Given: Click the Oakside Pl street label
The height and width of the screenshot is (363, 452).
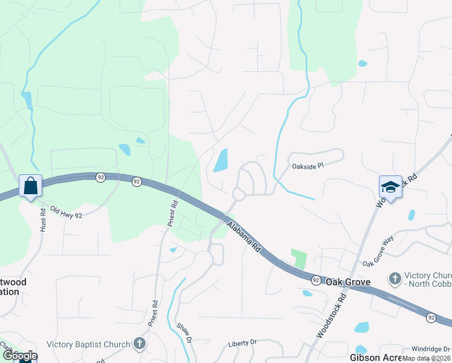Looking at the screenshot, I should tap(308, 165).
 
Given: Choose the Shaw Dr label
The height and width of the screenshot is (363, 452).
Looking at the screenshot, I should tap(184, 332).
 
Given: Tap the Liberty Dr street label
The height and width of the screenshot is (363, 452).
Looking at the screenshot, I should tap(242, 343).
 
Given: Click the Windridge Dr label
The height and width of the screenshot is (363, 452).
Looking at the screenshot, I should tap(431, 349).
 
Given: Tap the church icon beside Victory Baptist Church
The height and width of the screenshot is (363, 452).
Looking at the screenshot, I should tap(140, 344).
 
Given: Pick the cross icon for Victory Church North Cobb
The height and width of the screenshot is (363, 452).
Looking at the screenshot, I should tap(395, 279).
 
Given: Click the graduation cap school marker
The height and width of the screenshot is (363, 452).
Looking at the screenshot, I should tap(390, 188).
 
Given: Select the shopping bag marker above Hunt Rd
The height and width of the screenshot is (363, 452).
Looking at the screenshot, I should tap(30, 186).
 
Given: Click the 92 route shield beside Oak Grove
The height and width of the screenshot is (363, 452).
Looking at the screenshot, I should tap(316, 280).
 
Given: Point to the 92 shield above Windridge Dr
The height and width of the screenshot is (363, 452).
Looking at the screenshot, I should tap(431, 317).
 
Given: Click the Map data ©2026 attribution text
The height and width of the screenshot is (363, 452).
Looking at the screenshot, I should tap(427, 359).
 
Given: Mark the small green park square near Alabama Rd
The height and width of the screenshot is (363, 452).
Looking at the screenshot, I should tap(299, 259).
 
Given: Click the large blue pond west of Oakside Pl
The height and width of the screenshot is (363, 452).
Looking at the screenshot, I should tap(221, 160).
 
